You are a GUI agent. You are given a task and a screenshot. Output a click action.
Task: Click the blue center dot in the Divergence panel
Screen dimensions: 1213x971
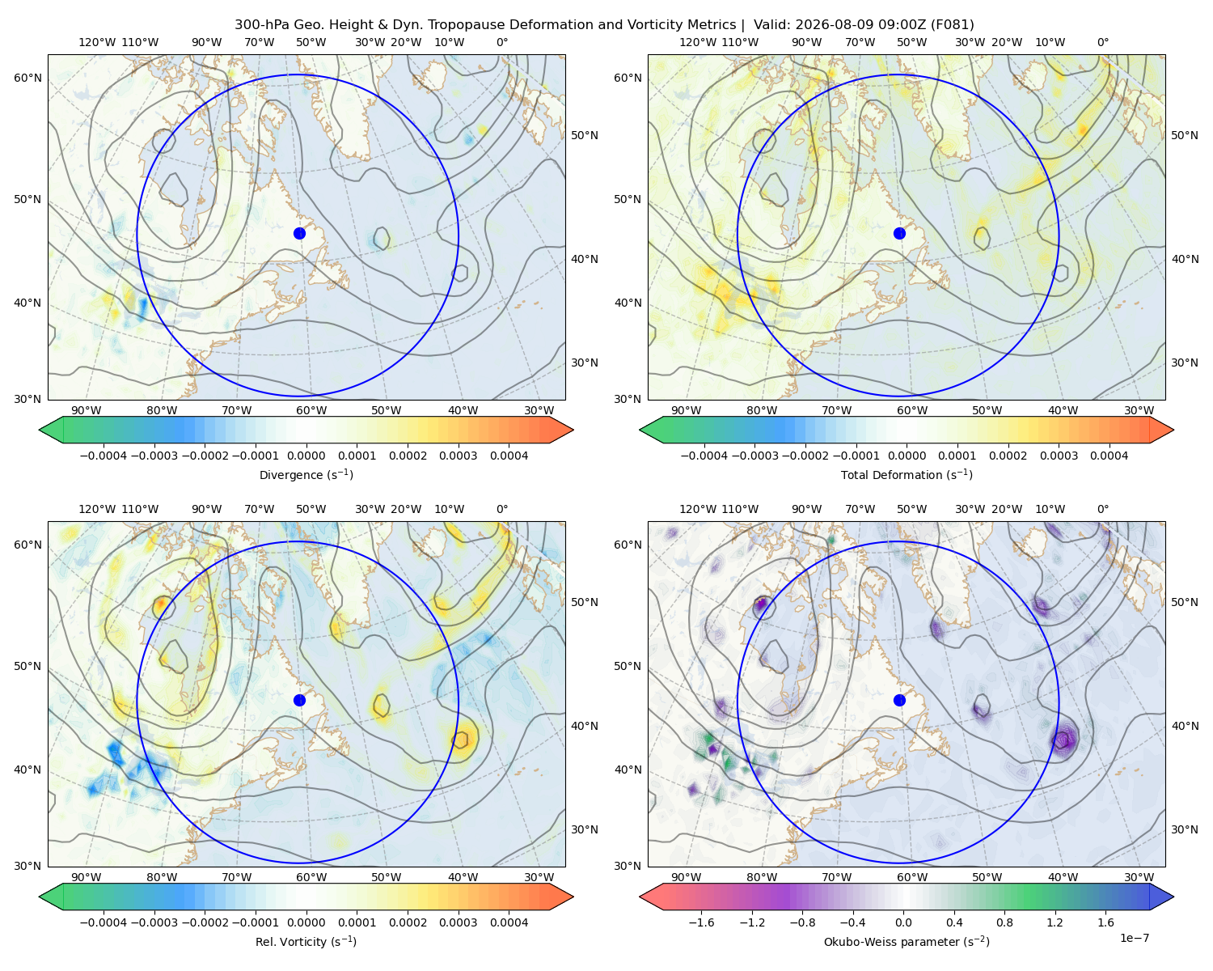click(x=299, y=233)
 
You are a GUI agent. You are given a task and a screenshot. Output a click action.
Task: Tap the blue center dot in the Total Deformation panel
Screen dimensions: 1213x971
click(x=899, y=233)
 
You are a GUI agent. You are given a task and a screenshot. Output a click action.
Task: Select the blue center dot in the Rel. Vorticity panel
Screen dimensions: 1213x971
click(x=299, y=700)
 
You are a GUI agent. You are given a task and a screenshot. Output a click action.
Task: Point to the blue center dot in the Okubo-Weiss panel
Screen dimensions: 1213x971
click(x=899, y=700)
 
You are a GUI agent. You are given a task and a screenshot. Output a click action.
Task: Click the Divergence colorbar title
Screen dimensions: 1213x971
click(x=306, y=474)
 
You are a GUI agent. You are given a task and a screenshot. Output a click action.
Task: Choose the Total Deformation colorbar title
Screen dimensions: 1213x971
click(x=907, y=474)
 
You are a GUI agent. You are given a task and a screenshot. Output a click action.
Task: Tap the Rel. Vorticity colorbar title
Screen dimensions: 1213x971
click(x=306, y=941)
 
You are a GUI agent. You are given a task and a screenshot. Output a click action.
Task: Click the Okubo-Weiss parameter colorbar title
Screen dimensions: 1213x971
click(x=907, y=941)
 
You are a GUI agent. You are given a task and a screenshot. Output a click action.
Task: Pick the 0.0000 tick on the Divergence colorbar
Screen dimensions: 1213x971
click(x=306, y=456)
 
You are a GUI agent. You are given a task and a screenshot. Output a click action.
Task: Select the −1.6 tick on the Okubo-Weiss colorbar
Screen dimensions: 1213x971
click(x=701, y=922)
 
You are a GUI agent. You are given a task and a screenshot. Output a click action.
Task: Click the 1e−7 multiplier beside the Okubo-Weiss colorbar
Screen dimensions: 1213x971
click(x=1134, y=938)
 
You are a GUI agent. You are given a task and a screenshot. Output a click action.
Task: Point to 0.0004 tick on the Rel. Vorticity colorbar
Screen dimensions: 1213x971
click(x=509, y=922)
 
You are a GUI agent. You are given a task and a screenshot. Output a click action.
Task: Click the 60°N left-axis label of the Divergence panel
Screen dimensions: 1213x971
click(x=27, y=78)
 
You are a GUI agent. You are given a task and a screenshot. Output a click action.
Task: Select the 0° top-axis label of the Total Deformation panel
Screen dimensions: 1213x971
click(x=1103, y=42)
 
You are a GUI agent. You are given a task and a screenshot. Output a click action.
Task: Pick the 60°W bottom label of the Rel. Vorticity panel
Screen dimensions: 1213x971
click(x=311, y=877)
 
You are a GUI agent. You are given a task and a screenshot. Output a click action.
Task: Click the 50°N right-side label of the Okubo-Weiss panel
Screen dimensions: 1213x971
click(x=1185, y=602)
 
